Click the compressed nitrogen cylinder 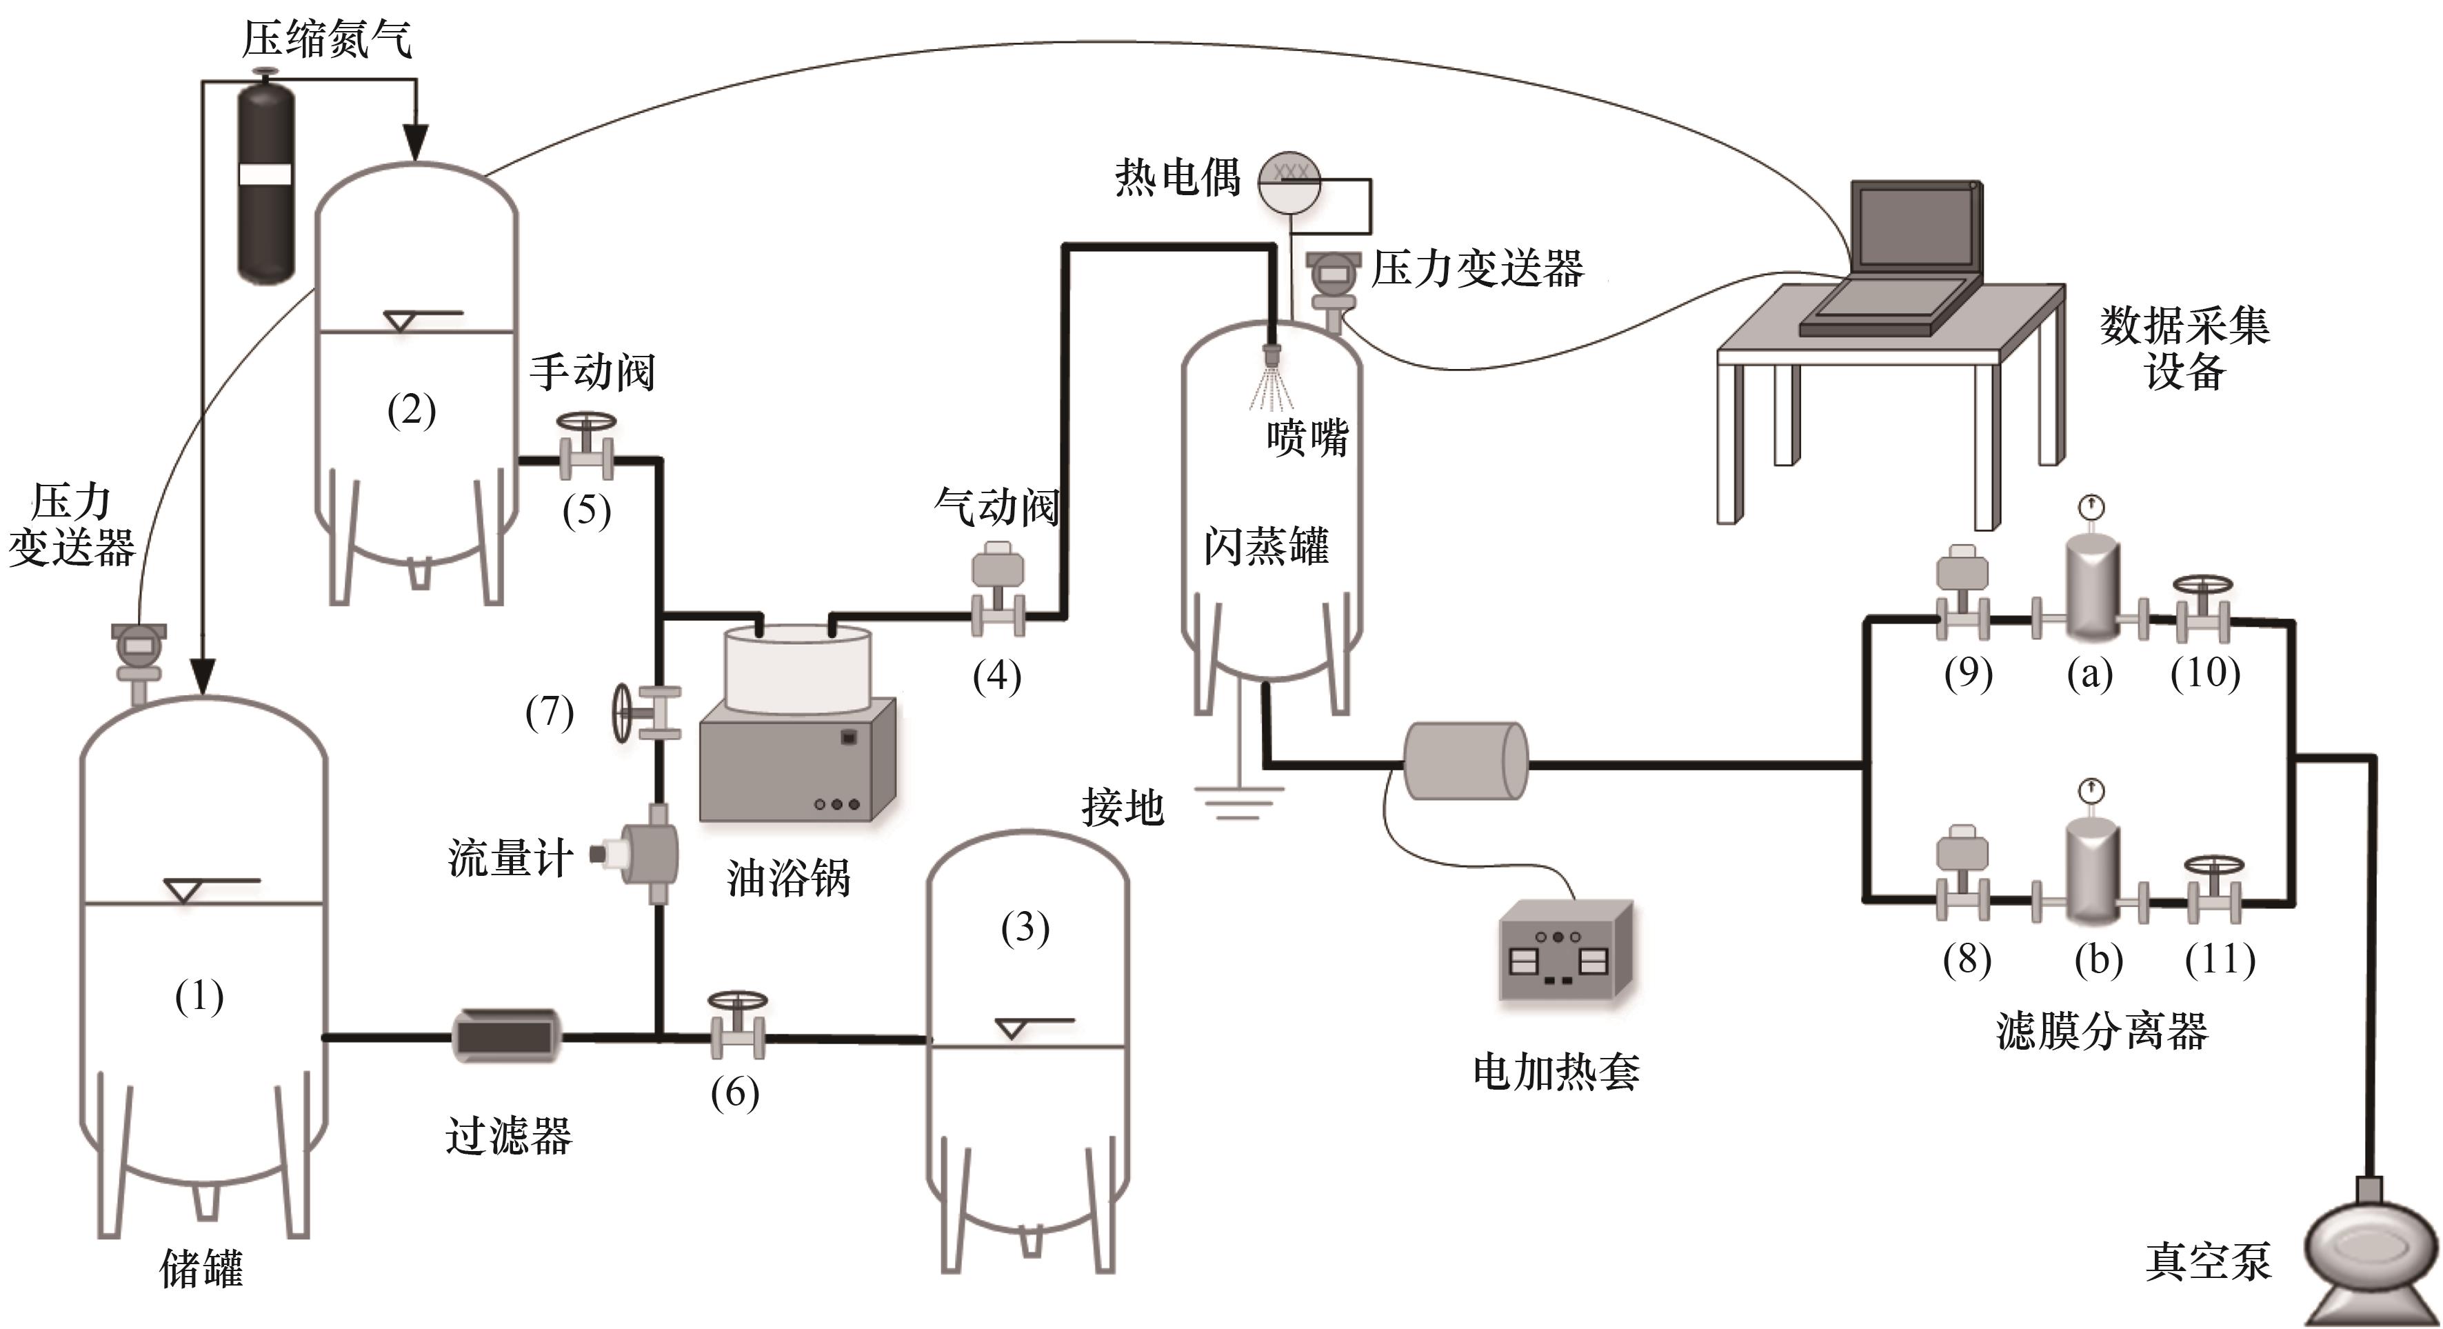[x=265, y=180]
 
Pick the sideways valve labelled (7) [x=645, y=712]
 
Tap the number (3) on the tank [x=1025, y=928]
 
